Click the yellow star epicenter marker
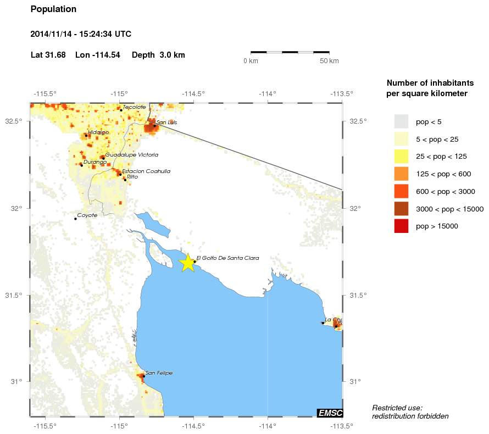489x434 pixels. pos(187,263)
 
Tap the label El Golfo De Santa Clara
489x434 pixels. pos(227,258)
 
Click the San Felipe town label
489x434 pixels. pos(159,373)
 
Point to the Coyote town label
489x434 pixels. pos(87,215)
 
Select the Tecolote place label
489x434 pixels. pos(135,107)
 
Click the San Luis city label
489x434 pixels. pos(166,123)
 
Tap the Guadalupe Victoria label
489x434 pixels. pos(132,155)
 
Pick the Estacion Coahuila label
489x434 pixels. pos(146,171)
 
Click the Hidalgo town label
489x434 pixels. pos(98,132)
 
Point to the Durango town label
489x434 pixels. pos(95,162)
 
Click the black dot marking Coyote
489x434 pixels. pos(75,219)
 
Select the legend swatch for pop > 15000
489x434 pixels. pos(401,226)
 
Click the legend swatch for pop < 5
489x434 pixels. pos(401,121)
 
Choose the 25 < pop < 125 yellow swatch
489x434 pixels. pos(401,156)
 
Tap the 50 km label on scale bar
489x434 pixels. pos(329,60)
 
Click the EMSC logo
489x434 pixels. pos(330,413)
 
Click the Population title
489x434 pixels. pos(53,9)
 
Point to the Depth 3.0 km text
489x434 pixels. pos(158,55)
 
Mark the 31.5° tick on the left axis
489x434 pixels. pos(13,295)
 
